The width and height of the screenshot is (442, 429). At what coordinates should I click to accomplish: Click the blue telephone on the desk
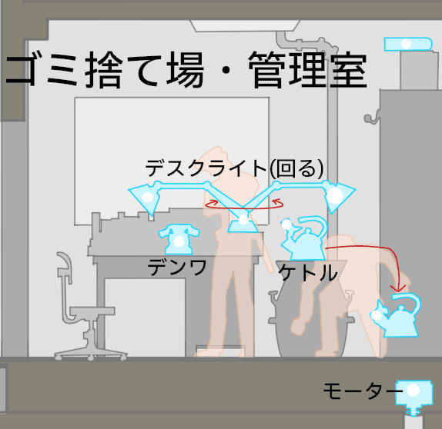(179, 239)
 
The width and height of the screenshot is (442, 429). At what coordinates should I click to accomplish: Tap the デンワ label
(177, 267)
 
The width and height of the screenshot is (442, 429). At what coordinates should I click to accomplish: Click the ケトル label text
(308, 272)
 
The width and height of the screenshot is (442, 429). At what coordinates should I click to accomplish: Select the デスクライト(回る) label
(234, 168)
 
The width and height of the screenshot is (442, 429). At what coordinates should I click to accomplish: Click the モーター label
(363, 391)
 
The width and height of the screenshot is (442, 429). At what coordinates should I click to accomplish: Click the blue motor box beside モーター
(414, 394)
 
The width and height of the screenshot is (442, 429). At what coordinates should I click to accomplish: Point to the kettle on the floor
(397, 314)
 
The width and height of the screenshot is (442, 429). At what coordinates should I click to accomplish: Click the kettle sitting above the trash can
(305, 238)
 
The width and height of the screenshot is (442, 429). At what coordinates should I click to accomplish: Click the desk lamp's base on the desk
(243, 224)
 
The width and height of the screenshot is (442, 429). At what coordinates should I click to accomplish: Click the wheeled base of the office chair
(91, 354)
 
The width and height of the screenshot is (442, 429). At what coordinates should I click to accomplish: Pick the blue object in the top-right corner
(408, 44)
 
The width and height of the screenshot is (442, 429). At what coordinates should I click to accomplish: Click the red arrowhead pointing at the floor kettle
(398, 288)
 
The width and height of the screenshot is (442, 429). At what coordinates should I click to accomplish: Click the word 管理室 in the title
(308, 70)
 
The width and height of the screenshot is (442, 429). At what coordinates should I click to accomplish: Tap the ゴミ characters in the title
(42, 70)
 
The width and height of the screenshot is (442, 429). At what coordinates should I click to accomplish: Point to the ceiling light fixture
(245, 25)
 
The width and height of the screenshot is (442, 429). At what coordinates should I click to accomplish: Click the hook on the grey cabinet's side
(371, 118)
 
